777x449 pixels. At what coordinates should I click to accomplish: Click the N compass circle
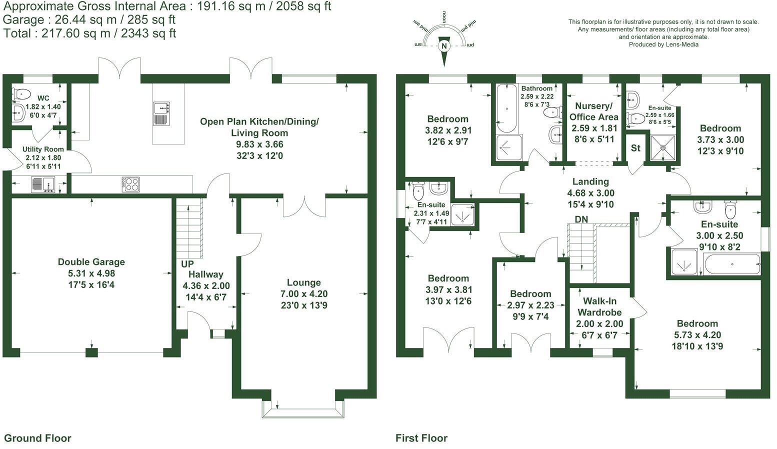coord(444,46)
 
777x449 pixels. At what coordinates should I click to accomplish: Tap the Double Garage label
coord(91,262)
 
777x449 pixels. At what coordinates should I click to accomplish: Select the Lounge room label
coord(304,282)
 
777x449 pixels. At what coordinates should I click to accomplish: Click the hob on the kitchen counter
coord(131,184)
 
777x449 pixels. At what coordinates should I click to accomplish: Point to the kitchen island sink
coord(161,114)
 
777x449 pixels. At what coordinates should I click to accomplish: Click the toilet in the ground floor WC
coord(21,93)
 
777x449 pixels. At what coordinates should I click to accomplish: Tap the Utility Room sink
coord(43,184)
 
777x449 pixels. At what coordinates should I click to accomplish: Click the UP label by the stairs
coord(187,264)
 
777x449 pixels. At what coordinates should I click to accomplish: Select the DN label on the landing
coord(581,219)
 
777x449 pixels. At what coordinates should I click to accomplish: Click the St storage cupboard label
coord(635,148)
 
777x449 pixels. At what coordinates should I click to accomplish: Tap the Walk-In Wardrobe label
coord(599,306)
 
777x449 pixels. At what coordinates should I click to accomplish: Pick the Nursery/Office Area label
coord(594,111)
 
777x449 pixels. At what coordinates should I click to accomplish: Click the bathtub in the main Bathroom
coord(506,108)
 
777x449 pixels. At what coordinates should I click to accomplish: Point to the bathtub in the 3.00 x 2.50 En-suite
coord(732,264)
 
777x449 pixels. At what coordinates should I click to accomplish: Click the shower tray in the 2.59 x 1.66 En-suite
coord(663,148)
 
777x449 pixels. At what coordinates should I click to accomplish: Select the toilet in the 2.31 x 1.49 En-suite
coord(418,190)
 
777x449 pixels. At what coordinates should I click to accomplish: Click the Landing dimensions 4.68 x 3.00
coord(590,193)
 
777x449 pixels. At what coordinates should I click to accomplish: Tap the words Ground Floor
coord(37,438)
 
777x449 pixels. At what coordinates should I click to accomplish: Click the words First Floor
coord(421,438)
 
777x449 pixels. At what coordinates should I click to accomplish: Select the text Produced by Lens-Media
coord(663,44)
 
